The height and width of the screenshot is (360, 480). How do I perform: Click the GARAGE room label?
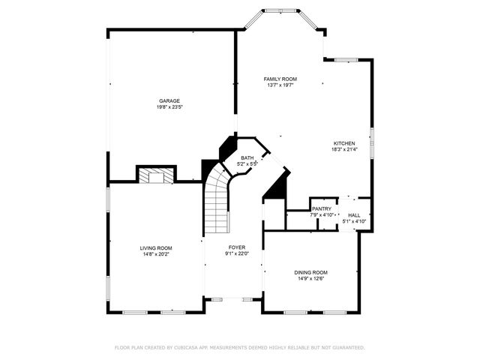tap(169, 100)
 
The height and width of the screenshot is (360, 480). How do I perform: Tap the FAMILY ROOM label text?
tap(280, 79)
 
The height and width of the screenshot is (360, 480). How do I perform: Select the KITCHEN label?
tap(344, 142)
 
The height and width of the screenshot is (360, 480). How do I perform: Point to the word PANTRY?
tap(322, 208)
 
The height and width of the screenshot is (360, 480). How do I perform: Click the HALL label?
tap(353, 215)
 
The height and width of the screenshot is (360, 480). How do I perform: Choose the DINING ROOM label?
tap(310, 272)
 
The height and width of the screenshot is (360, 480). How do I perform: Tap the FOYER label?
tap(237, 247)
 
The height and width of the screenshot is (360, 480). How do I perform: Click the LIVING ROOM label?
tap(155, 248)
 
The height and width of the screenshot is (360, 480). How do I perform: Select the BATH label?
tap(247, 157)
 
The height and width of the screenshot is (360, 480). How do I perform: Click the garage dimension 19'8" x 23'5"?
tap(169, 107)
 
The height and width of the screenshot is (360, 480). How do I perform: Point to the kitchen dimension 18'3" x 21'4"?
tap(344, 149)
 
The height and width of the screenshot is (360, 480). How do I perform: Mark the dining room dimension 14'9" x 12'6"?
tap(310, 279)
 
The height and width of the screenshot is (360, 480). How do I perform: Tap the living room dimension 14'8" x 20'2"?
tap(155, 254)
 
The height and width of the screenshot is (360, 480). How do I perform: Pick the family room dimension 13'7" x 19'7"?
tap(280, 85)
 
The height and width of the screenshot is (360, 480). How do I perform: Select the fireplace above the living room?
tap(155, 175)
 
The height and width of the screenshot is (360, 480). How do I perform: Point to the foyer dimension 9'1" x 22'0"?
tap(237, 253)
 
